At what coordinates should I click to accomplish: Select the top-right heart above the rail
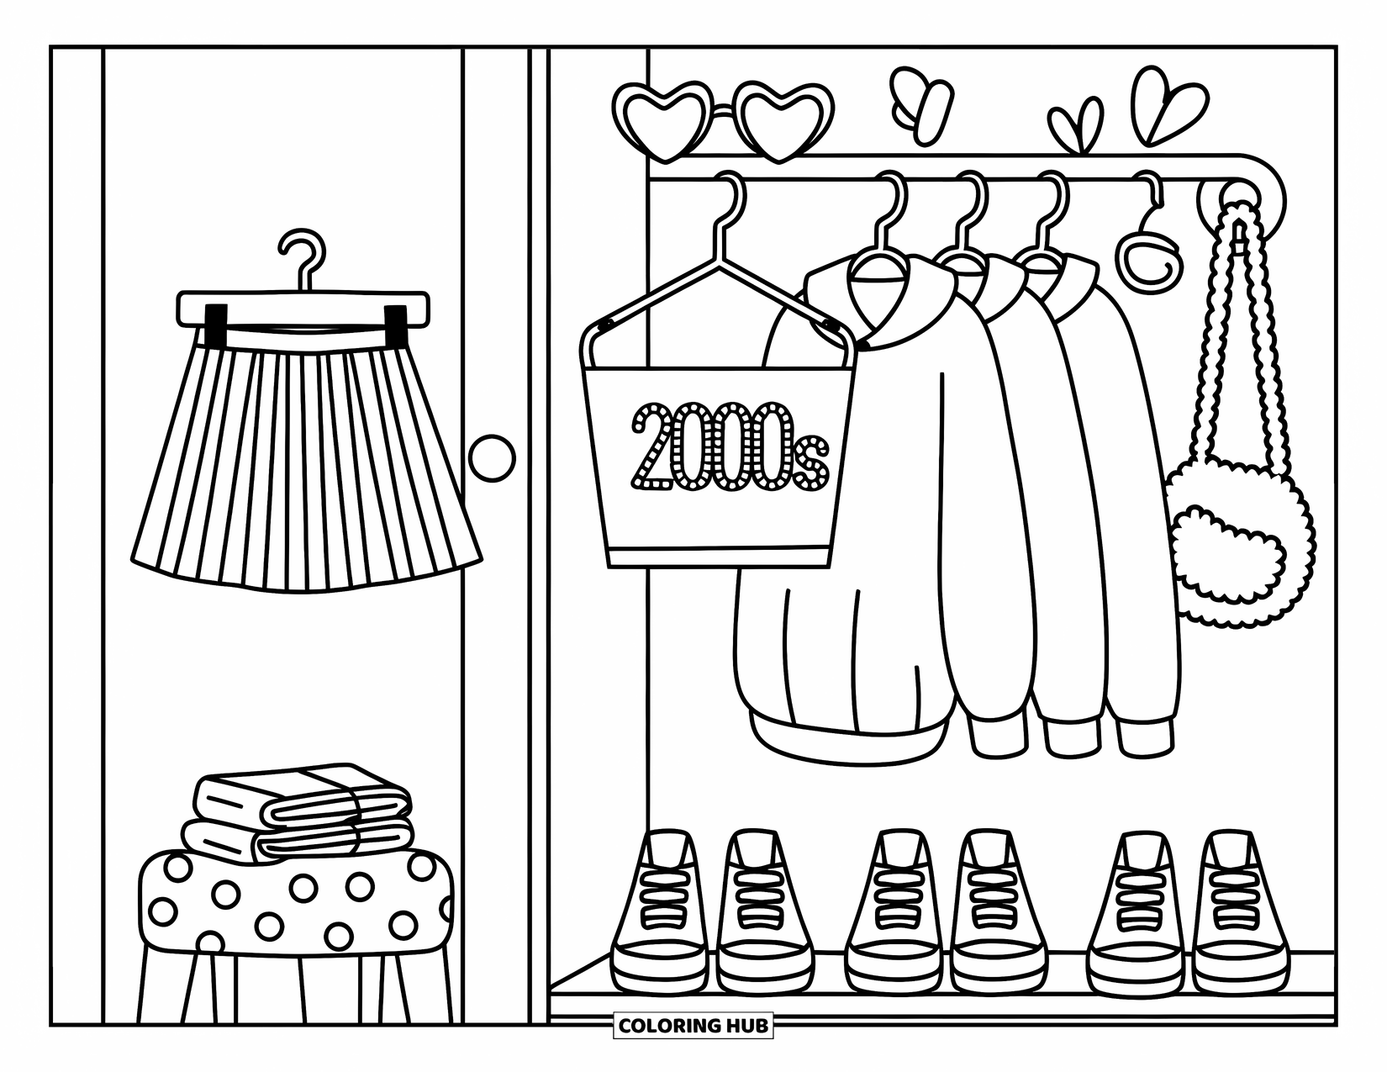click(x=1164, y=105)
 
